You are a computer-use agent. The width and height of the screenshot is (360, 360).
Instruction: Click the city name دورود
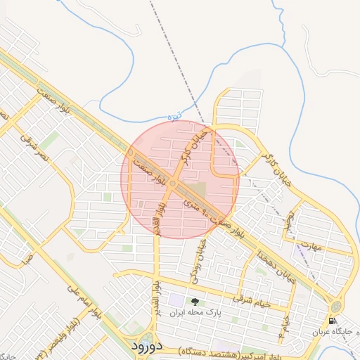(x=146, y=347)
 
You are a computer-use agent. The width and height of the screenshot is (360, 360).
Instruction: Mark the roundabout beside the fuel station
(x=335, y=307)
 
